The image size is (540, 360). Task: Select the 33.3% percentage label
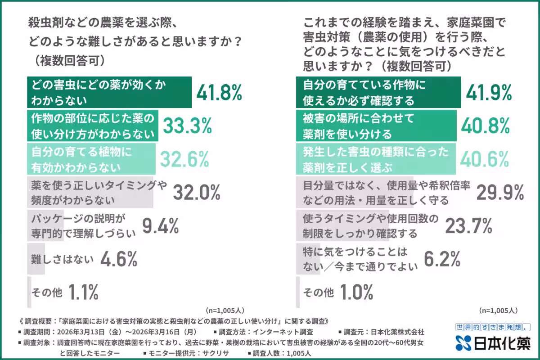point(187,126)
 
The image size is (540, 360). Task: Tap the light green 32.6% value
point(184,159)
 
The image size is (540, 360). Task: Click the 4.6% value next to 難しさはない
point(118,259)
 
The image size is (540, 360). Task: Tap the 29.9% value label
point(500,192)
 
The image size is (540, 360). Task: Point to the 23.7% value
point(468,226)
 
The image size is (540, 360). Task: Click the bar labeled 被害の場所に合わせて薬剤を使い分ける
point(376,126)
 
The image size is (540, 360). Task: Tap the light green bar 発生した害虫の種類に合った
point(376,159)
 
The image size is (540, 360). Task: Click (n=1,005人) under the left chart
point(225,310)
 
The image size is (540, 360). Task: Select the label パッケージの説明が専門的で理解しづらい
point(83,226)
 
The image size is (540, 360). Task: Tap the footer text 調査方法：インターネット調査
point(265,332)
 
